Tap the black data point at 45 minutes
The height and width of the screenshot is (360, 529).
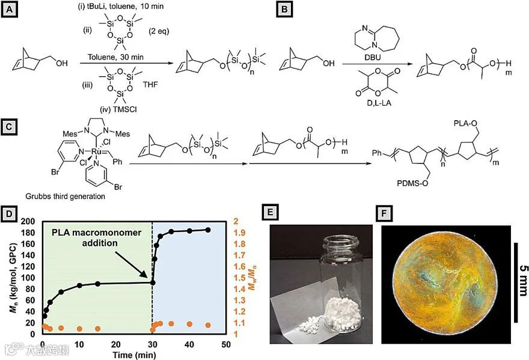tap(208, 230)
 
